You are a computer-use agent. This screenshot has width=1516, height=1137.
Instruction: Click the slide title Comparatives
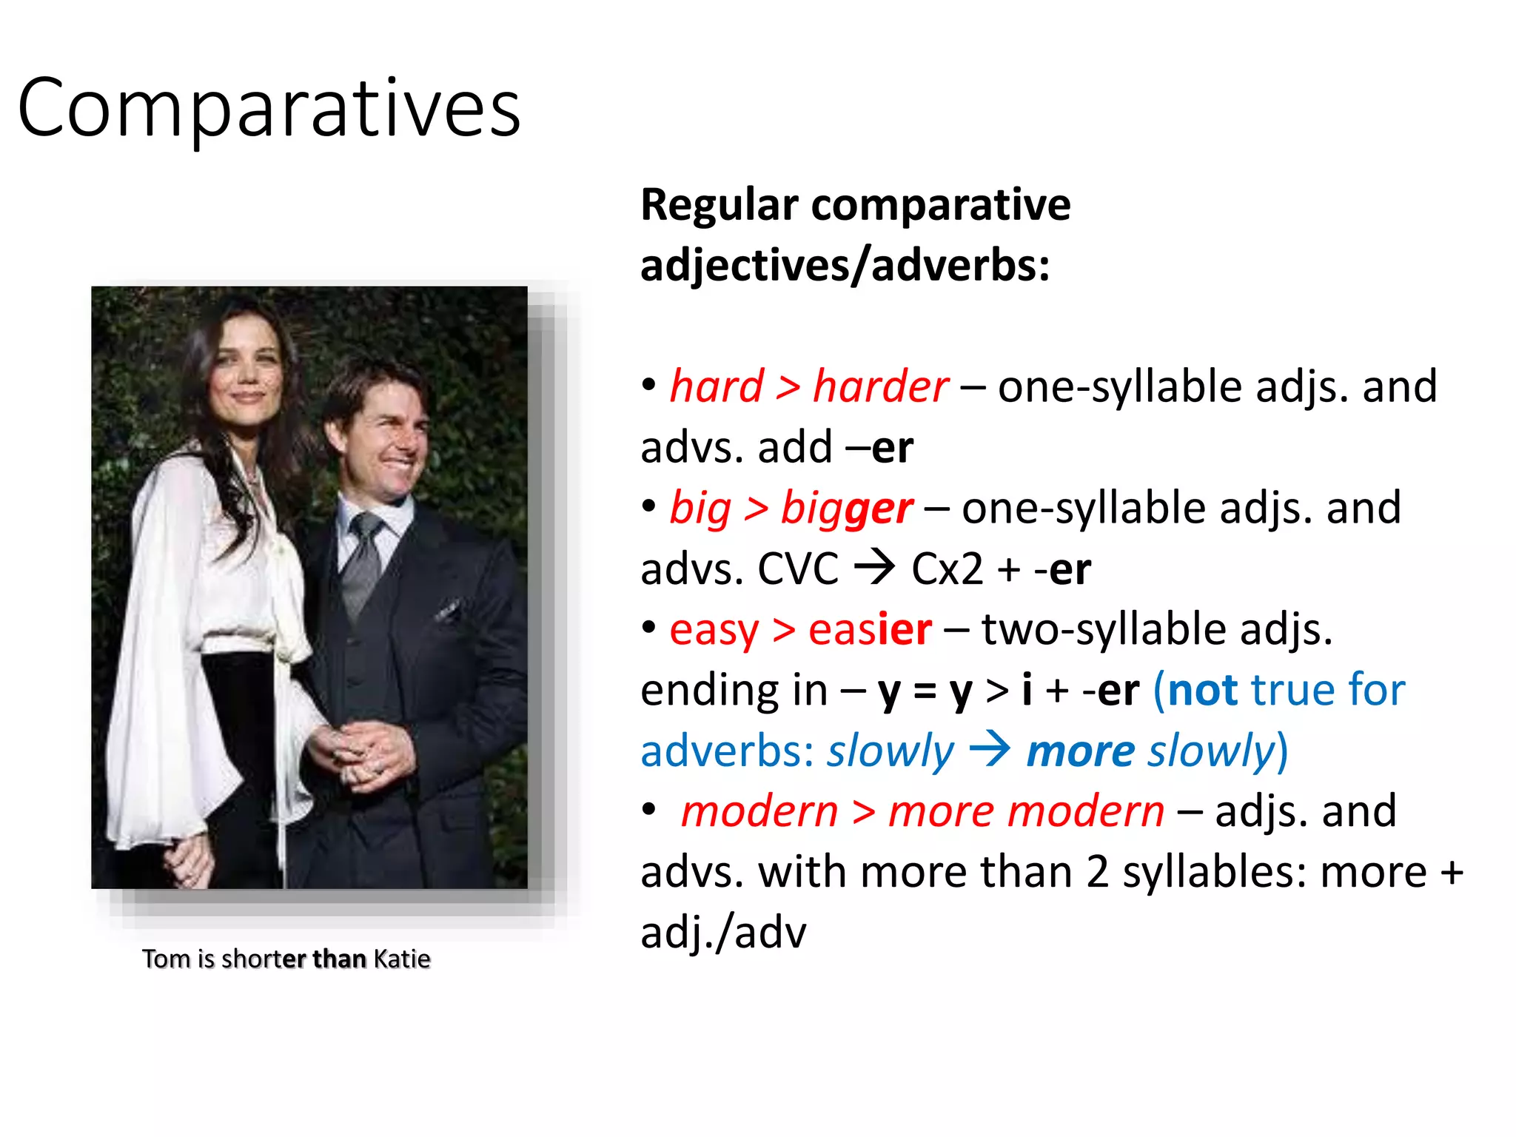(x=269, y=109)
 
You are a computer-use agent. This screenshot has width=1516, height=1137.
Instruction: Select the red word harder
(x=880, y=386)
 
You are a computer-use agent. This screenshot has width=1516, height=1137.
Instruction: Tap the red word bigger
(x=846, y=509)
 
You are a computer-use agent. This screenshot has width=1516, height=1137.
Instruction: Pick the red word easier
(x=870, y=630)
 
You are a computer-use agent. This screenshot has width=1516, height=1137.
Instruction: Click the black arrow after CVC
(x=874, y=568)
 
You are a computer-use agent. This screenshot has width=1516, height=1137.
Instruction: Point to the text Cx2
(x=947, y=569)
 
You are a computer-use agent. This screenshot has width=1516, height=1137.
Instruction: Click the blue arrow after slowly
(x=990, y=750)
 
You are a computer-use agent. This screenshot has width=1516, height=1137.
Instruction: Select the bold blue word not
(x=1203, y=691)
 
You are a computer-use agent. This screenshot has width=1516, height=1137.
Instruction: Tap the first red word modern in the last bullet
(x=759, y=811)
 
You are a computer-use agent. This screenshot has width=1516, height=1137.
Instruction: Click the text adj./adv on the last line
(x=723, y=933)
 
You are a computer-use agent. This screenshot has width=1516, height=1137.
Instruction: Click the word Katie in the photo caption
(x=402, y=959)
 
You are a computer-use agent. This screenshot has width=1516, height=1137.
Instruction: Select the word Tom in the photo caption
(x=167, y=959)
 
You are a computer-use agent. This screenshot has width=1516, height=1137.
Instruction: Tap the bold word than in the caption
(x=339, y=959)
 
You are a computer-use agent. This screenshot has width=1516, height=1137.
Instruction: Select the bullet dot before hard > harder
(x=649, y=384)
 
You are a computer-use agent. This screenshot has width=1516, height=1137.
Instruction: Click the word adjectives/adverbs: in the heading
(x=845, y=266)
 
